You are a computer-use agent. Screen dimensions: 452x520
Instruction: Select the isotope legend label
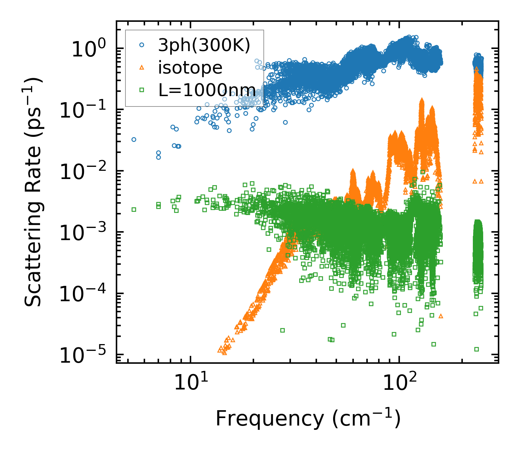(x=190, y=67)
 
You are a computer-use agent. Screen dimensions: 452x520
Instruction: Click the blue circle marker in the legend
(x=142, y=45)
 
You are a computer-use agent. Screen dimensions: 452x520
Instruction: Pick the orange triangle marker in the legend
(x=142, y=67)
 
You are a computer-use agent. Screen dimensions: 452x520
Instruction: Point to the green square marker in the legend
(x=142, y=90)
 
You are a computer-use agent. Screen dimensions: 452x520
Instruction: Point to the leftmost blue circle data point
(x=134, y=139)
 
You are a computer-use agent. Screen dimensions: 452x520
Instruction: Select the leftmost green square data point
(x=134, y=209)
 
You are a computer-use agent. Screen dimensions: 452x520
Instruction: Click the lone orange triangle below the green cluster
(x=441, y=316)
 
